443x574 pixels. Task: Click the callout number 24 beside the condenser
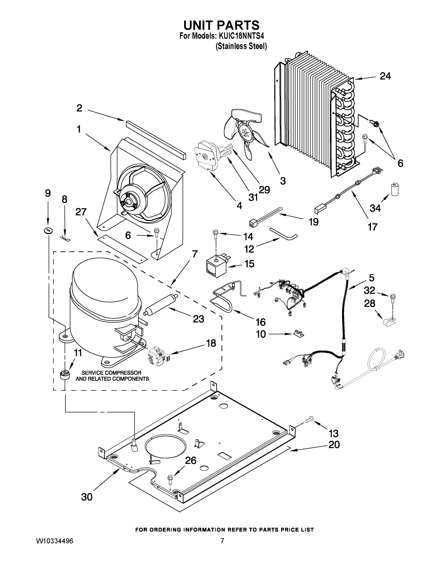(x=385, y=76)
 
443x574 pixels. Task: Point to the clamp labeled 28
(x=389, y=321)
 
